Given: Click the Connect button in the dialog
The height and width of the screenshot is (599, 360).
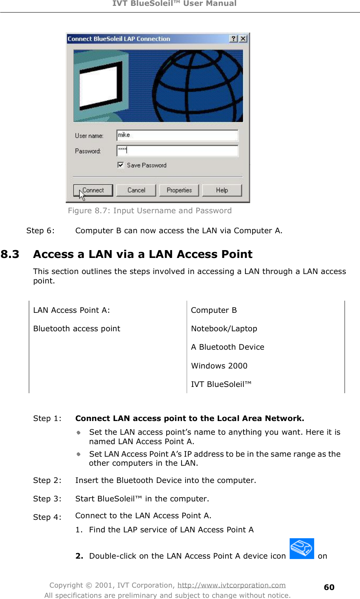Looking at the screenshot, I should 93,190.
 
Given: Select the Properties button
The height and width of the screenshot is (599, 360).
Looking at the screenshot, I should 179,190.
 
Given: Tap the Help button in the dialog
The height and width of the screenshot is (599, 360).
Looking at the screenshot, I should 222,190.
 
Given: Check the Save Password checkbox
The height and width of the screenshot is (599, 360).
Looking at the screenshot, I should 121,165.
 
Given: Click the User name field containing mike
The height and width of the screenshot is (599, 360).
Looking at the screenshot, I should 177,135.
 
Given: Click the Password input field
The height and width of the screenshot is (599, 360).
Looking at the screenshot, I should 177,151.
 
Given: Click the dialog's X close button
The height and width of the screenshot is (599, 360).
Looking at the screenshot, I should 243,38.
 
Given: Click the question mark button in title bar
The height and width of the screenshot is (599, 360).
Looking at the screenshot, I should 234,38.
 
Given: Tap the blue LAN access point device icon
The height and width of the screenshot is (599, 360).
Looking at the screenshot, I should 302,548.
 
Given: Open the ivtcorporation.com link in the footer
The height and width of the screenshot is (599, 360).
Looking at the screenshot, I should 231,585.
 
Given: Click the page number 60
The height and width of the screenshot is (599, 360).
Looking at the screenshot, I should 329,587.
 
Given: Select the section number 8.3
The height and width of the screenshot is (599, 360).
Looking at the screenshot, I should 10,254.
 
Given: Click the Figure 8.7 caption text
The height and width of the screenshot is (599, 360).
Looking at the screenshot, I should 150,211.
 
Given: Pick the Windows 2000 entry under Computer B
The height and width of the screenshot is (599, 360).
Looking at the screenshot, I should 219,366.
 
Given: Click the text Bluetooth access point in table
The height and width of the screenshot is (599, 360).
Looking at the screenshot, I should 77,329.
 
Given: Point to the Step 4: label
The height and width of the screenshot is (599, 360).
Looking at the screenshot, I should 47,517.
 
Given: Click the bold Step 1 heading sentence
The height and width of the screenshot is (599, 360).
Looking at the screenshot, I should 190,418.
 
